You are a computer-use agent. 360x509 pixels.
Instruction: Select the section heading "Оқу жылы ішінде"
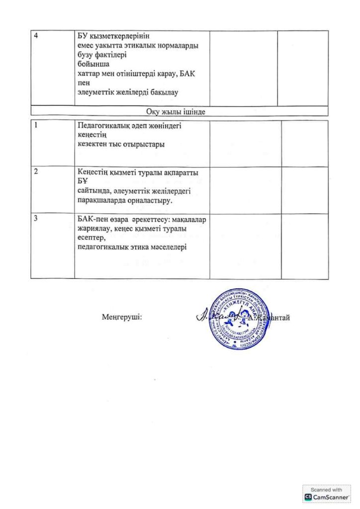(x=176, y=111)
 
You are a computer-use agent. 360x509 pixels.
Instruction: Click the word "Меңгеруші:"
(x=122, y=317)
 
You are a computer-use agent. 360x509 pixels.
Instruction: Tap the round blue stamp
(x=238, y=319)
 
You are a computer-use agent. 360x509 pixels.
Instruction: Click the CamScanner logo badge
(x=327, y=494)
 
